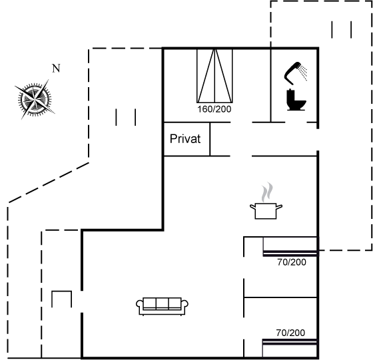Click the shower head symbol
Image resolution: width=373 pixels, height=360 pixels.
[x=292, y=73]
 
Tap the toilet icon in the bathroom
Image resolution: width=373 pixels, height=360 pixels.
[x=296, y=100]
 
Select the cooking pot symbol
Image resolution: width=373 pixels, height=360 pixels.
[x=266, y=210]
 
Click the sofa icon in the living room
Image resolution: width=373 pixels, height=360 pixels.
[x=163, y=306]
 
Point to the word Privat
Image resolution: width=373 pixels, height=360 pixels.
[x=185, y=139]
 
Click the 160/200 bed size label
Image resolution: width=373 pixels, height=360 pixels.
[x=214, y=109]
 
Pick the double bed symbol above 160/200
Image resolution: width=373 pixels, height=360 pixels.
[x=214, y=76]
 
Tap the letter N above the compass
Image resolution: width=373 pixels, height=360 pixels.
[x=56, y=69]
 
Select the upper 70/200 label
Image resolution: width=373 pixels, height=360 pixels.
[x=292, y=262]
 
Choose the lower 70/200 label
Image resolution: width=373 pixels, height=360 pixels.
[x=290, y=333]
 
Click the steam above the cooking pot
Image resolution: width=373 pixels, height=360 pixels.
[x=267, y=192]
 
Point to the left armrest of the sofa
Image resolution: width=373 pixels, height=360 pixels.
[x=140, y=305]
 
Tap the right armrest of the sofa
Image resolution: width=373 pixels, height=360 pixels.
[x=185, y=305]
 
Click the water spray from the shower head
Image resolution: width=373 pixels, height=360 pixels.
[x=303, y=73]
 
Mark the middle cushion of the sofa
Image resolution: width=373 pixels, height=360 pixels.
[x=163, y=303]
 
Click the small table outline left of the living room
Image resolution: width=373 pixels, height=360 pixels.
[x=61, y=299]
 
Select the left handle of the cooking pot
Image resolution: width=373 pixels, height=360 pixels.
[x=252, y=207]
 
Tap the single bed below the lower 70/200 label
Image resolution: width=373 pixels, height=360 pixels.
[x=290, y=349]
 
